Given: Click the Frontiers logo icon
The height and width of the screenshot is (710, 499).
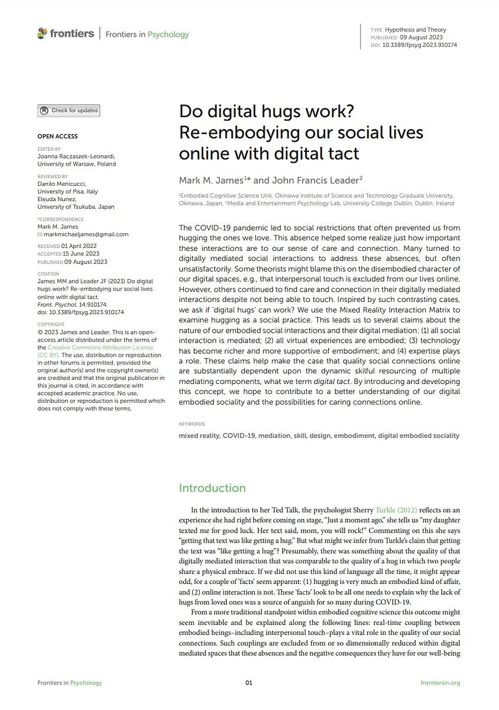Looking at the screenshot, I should [42, 33].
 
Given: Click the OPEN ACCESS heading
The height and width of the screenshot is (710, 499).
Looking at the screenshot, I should [57, 136].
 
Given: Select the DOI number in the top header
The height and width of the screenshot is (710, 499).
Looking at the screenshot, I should [420, 45].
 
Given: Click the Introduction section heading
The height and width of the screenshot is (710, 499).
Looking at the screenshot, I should [212, 488].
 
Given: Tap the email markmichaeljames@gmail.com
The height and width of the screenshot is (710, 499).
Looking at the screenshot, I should [86, 234].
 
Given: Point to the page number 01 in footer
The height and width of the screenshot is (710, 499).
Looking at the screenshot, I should [249, 683].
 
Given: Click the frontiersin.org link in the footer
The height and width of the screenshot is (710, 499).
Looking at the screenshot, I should [440, 683].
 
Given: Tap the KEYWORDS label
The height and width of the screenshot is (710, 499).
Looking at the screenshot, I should [192, 424].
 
